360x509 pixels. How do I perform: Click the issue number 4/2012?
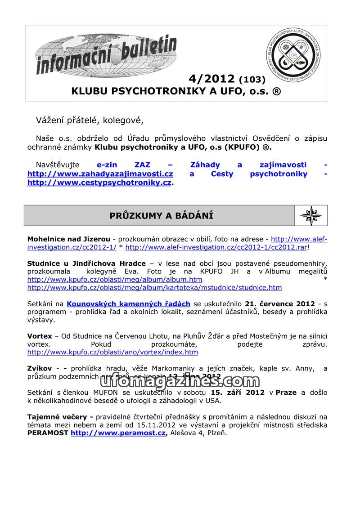click(211, 79)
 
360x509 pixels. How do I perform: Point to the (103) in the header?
click(252, 80)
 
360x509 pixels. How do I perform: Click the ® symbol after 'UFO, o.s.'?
click(277, 91)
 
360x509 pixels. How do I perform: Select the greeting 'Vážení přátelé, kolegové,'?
click(90, 120)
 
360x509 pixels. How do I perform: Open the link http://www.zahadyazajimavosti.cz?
click(100, 174)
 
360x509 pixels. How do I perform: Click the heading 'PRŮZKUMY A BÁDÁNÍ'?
click(161, 216)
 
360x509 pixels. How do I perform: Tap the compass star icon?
click(310, 215)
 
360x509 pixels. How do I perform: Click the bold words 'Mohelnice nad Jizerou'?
click(68, 239)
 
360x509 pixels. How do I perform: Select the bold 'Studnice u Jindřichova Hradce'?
click(86, 263)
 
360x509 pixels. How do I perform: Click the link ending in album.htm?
click(115, 280)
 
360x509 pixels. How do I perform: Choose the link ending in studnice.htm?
click(154, 288)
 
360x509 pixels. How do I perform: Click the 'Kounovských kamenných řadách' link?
click(128, 304)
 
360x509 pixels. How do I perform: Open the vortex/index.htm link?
click(112, 353)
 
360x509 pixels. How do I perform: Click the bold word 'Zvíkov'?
click(40, 369)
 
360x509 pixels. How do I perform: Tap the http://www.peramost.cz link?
click(118, 433)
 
